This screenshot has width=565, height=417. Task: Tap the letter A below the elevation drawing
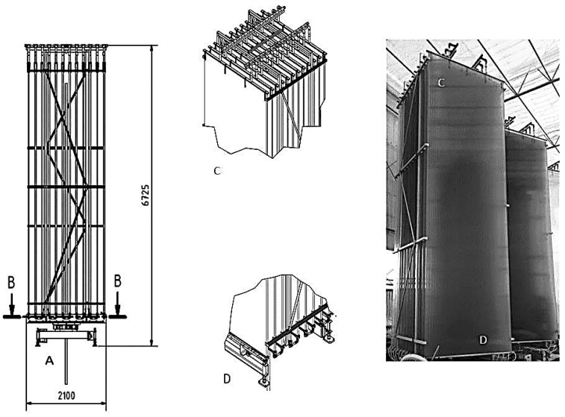[x=49, y=360]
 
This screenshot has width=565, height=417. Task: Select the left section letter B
[x=12, y=282]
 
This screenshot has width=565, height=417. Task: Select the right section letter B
[x=117, y=282]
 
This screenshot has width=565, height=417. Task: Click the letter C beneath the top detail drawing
[x=216, y=171]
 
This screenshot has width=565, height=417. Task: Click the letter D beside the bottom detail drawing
[x=226, y=378]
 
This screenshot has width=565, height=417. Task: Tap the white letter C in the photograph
[x=441, y=83]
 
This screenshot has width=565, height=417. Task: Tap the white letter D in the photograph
[x=483, y=340]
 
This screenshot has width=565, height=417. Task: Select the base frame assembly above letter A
[x=66, y=333]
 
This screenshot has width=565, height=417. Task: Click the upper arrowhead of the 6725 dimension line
[x=154, y=48]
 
